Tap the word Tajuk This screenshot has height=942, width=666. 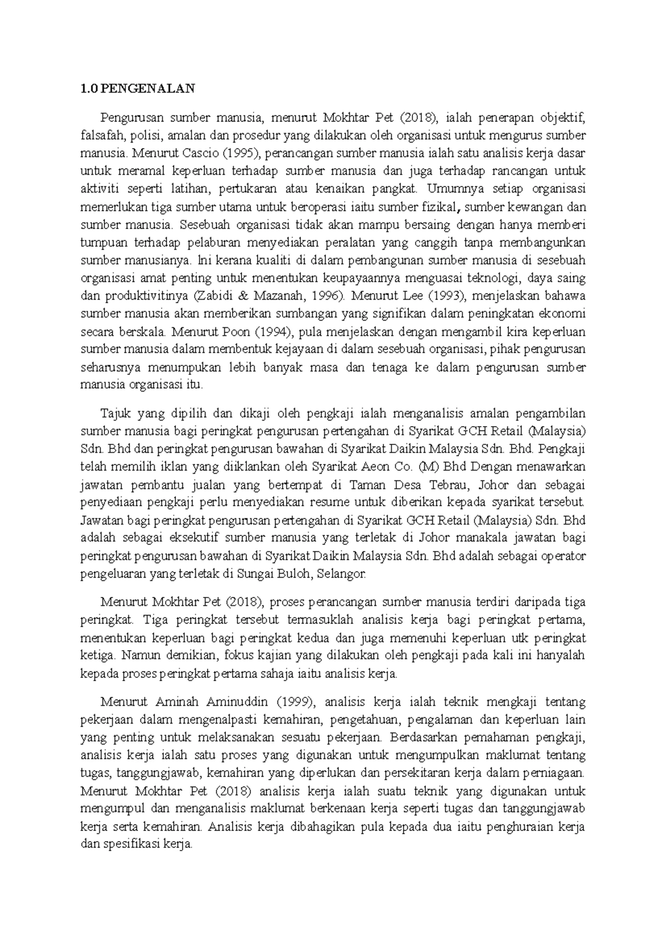point(114,413)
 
